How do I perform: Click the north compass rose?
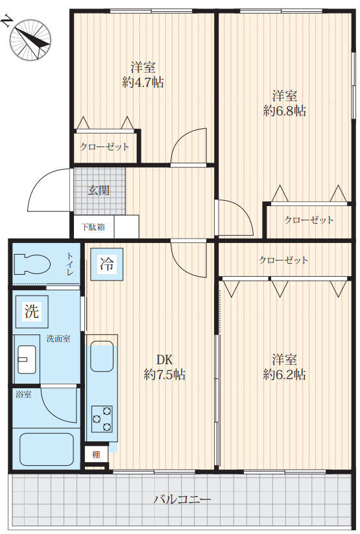(x=30, y=40)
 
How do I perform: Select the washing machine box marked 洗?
(x=32, y=311)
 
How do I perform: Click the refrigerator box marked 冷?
(x=107, y=264)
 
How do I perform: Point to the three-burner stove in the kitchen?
(x=102, y=419)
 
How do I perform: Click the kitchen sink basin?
(x=102, y=356)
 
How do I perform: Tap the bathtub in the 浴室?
(x=47, y=449)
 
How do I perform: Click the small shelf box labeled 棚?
(x=96, y=454)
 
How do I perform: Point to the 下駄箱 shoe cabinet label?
(x=93, y=227)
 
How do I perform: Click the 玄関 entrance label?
(x=99, y=190)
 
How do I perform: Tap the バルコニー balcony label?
(x=182, y=500)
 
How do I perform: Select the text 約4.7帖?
(x=143, y=82)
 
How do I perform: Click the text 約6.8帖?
(x=284, y=111)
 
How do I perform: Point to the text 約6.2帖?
(x=284, y=375)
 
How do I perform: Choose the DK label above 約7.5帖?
(x=164, y=360)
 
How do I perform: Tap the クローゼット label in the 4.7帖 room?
(x=104, y=146)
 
